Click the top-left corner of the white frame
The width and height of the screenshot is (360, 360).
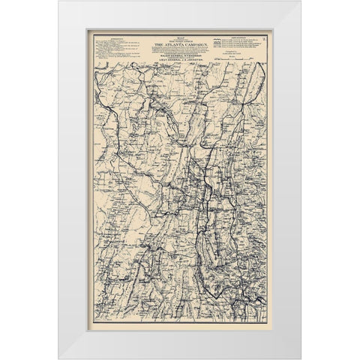[60, 2]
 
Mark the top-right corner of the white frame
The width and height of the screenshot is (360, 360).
[300, 2]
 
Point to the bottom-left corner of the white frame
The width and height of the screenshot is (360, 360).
[60, 358]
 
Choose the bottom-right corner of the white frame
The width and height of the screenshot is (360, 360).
[300, 358]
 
